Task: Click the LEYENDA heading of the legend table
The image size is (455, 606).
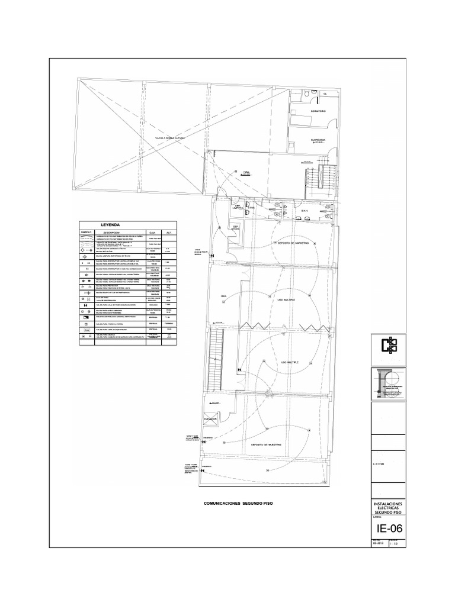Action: (110, 225)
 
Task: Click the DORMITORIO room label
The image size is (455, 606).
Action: (318, 111)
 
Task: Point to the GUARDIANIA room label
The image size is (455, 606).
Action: (318, 140)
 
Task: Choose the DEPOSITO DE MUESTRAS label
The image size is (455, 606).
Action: (265, 444)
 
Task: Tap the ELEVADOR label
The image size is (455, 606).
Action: (210, 418)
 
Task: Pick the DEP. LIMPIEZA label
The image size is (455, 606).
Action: (239, 208)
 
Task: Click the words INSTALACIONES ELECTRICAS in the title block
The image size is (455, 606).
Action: (389, 505)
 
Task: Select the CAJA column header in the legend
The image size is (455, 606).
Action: (152, 233)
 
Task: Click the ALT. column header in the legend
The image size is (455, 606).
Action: (169, 233)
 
